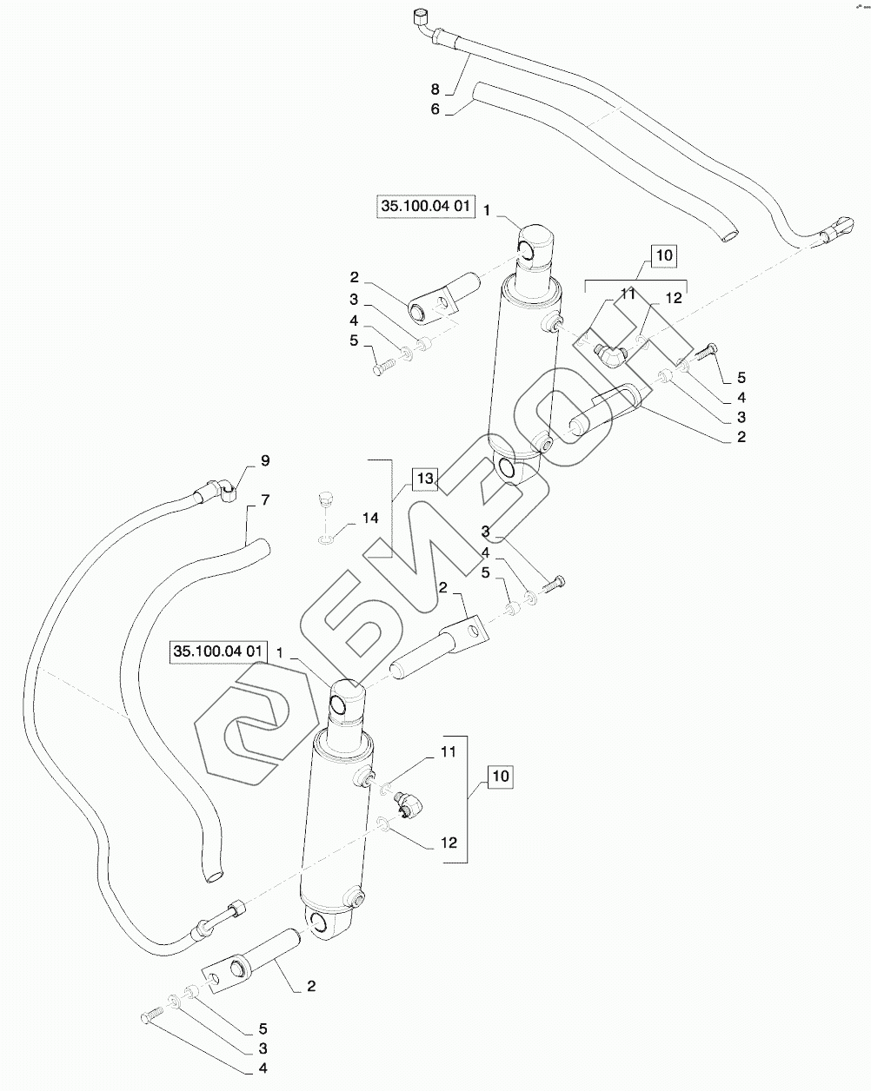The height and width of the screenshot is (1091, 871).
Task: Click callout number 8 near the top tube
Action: [435, 89]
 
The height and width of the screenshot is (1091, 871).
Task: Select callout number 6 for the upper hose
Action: [435, 109]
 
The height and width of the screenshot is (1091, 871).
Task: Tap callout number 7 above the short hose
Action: [265, 499]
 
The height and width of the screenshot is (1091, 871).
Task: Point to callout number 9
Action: [265, 461]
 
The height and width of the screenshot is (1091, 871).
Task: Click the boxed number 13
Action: [426, 479]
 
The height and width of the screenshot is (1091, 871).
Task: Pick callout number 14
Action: [370, 518]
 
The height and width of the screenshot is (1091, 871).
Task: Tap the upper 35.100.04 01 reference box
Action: [426, 206]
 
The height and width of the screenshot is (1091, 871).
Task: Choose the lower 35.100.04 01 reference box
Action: [218, 651]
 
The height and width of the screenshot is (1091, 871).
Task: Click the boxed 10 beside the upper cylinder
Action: [664, 255]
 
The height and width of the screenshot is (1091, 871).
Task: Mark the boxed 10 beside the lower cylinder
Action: [501, 777]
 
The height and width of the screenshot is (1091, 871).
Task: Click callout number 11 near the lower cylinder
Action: [449, 752]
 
